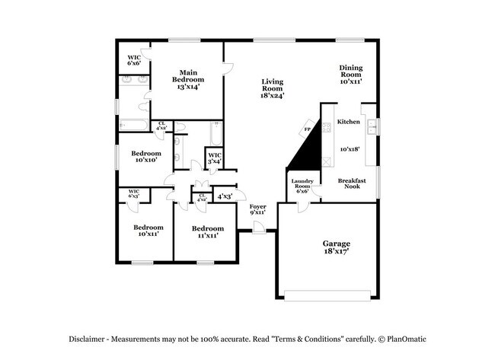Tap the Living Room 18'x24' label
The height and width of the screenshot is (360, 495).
(x=272, y=88)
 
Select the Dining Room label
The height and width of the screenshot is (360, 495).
(x=350, y=73)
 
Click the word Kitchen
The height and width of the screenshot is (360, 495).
(x=349, y=122)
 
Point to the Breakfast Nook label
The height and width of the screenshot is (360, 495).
(x=352, y=183)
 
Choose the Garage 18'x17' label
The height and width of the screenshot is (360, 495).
(x=335, y=247)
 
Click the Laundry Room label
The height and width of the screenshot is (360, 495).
(x=302, y=186)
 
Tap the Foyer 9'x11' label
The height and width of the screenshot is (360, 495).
(x=258, y=209)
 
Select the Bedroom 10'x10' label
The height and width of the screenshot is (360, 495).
(x=145, y=156)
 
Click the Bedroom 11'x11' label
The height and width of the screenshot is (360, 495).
(x=207, y=232)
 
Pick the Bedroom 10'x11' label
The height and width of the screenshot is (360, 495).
(x=148, y=230)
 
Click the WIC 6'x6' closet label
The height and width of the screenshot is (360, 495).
(x=134, y=59)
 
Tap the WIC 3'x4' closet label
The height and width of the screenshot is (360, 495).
(x=215, y=159)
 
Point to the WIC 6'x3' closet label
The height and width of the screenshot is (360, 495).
(x=133, y=194)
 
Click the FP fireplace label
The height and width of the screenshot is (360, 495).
(x=308, y=129)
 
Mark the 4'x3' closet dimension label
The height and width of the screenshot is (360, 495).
(x=225, y=196)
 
